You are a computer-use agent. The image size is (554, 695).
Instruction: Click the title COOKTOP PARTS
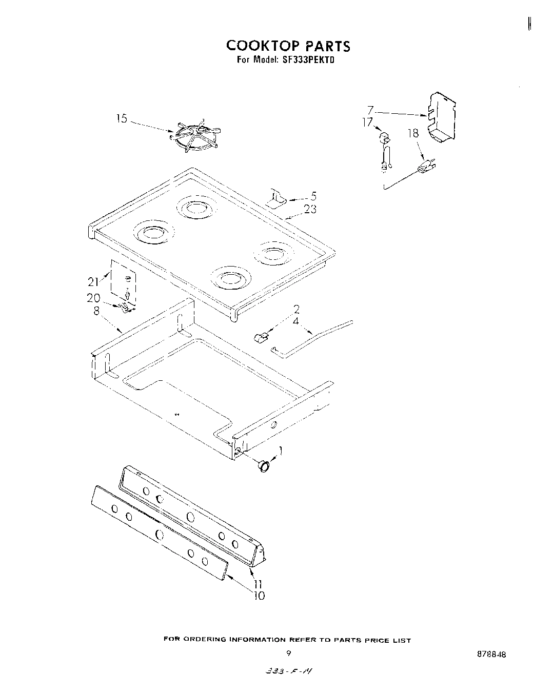[288, 46]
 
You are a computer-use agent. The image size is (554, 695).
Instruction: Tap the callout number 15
[121, 119]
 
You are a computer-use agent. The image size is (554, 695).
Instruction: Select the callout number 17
[367, 122]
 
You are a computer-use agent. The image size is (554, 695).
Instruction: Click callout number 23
[310, 209]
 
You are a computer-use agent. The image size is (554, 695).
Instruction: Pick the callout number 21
[93, 281]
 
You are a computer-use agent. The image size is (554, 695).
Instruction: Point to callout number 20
[93, 298]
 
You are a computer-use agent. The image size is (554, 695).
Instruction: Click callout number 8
[96, 310]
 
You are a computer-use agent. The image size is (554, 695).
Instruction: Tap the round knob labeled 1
[264, 465]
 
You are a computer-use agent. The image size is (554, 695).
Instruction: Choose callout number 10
[259, 596]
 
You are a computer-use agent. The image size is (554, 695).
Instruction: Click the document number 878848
[490, 655]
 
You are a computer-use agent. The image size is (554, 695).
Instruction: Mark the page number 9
[289, 653]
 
